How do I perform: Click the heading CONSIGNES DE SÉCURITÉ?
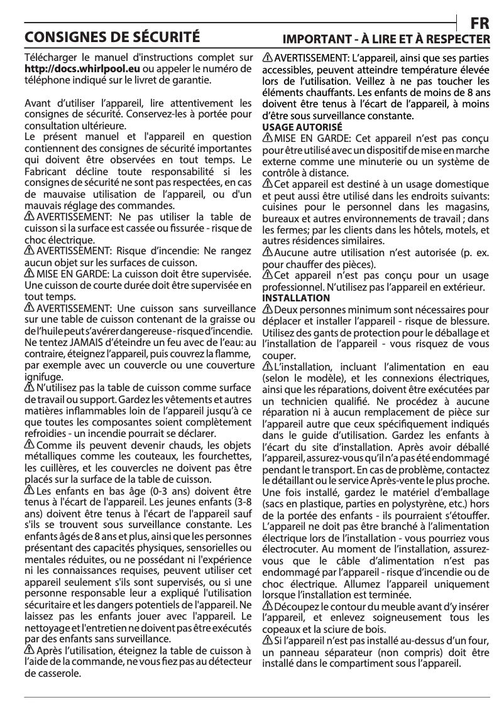click(x=112, y=36)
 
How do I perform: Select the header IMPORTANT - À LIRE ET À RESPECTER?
click(x=386, y=39)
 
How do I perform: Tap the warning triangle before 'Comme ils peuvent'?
click(x=29, y=445)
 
